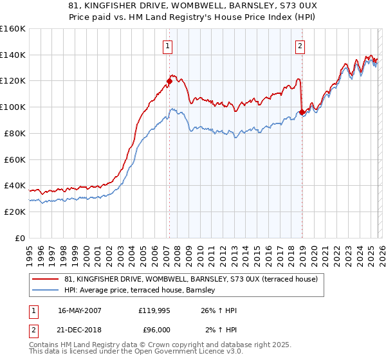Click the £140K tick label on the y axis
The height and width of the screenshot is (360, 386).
(12, 55)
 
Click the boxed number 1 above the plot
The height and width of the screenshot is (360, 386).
(168, 46)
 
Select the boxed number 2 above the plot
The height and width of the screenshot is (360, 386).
(300, 46)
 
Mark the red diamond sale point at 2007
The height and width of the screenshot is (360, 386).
(169, 81)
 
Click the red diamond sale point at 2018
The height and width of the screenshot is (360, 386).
(302, 112)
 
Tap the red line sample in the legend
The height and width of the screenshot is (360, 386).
(46, 279)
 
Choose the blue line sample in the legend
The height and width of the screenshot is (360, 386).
(46, 290)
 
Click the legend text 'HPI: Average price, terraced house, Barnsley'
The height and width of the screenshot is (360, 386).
(143, 290)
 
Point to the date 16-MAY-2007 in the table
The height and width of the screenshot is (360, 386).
(80, 310)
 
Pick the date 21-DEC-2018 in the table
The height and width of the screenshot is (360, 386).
(80, 329)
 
